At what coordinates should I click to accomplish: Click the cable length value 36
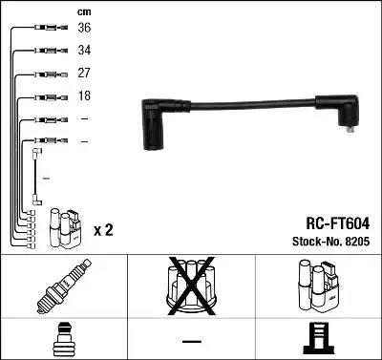(85, 28)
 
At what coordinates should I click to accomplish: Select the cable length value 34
(85, 51)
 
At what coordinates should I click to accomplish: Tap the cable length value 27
(85, 74)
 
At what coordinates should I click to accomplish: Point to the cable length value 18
(85, 96)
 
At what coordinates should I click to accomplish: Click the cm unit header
(83, 11)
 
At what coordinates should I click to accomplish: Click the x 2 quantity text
(104, 231)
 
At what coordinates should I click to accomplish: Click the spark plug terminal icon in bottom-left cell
(63, 340)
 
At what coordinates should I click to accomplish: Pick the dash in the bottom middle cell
(191, 341)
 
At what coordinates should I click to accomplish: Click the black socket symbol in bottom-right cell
(318, 340)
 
